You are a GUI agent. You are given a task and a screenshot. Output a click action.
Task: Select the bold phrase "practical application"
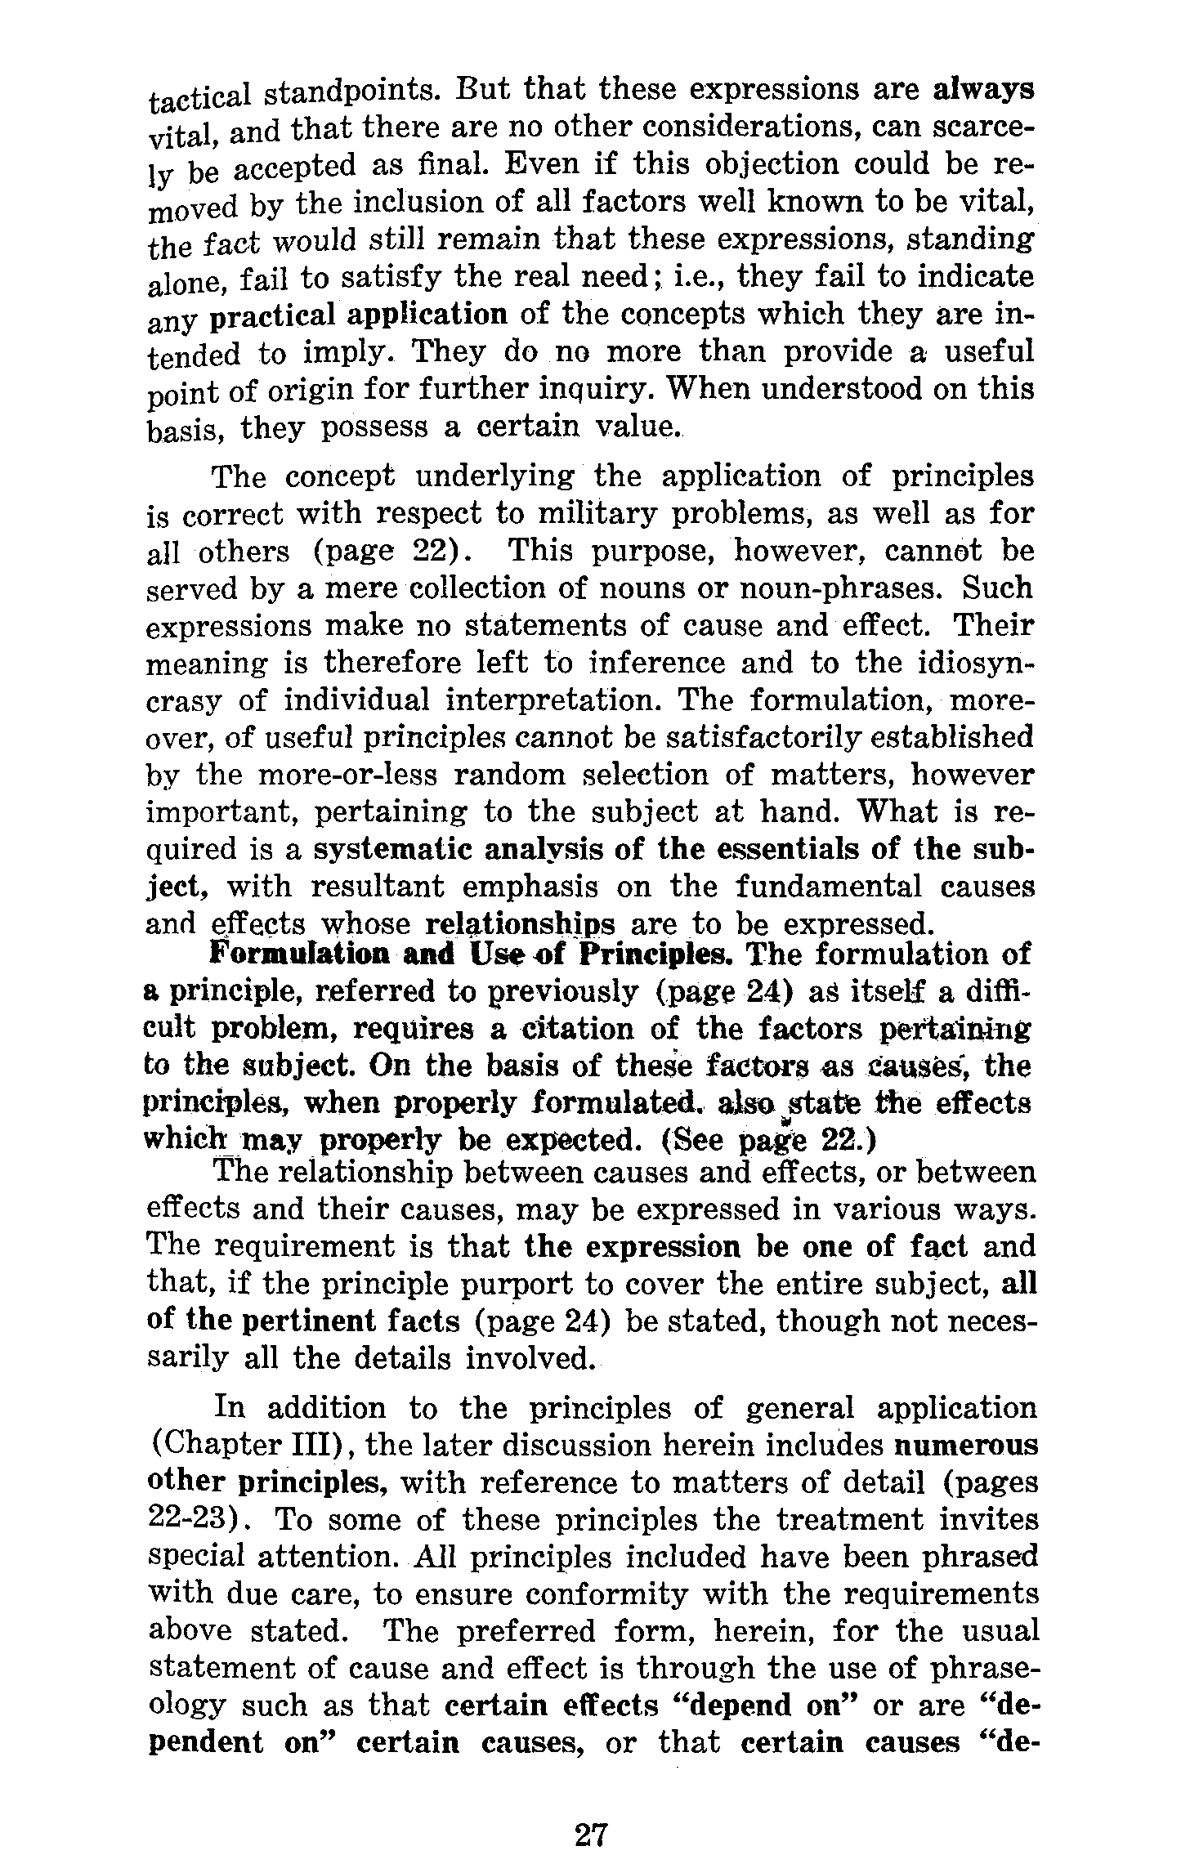pyautogui.click(x=358, y=315)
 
